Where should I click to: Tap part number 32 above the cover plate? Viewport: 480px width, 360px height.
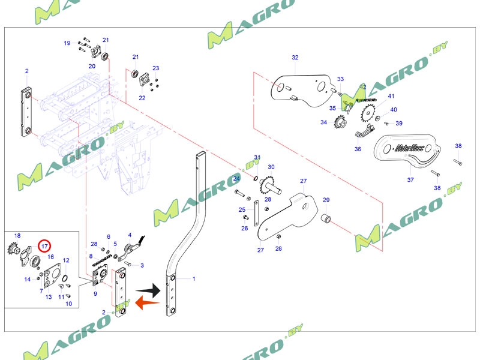pyautogui.click(x=295, y=58)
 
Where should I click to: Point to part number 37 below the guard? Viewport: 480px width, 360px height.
pyautogui.click(x=410, y=179)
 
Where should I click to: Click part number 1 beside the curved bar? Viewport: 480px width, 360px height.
pyautogui.click(x=194, y=279)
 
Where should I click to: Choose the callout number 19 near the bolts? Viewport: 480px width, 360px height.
pyautogui.click(x=67, y=43)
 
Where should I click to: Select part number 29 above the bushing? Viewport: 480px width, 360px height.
pyautogui.click(x=326, y=200)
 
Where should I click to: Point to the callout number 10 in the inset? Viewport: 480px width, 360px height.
pyautogui.click(x=68, y=304)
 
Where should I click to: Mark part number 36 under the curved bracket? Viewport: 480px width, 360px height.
pyautogui.click(x=358, y=149)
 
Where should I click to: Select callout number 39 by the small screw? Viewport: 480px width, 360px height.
pyautogui.click(x=399, y=124)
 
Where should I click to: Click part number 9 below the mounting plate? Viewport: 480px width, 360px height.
pyautogui.click(x=95, y=293)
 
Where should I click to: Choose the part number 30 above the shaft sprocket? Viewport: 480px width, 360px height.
pyautogui.click(x=271, y=167)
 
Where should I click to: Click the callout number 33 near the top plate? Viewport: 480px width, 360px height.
pyautogui.click(x=340, y=79)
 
